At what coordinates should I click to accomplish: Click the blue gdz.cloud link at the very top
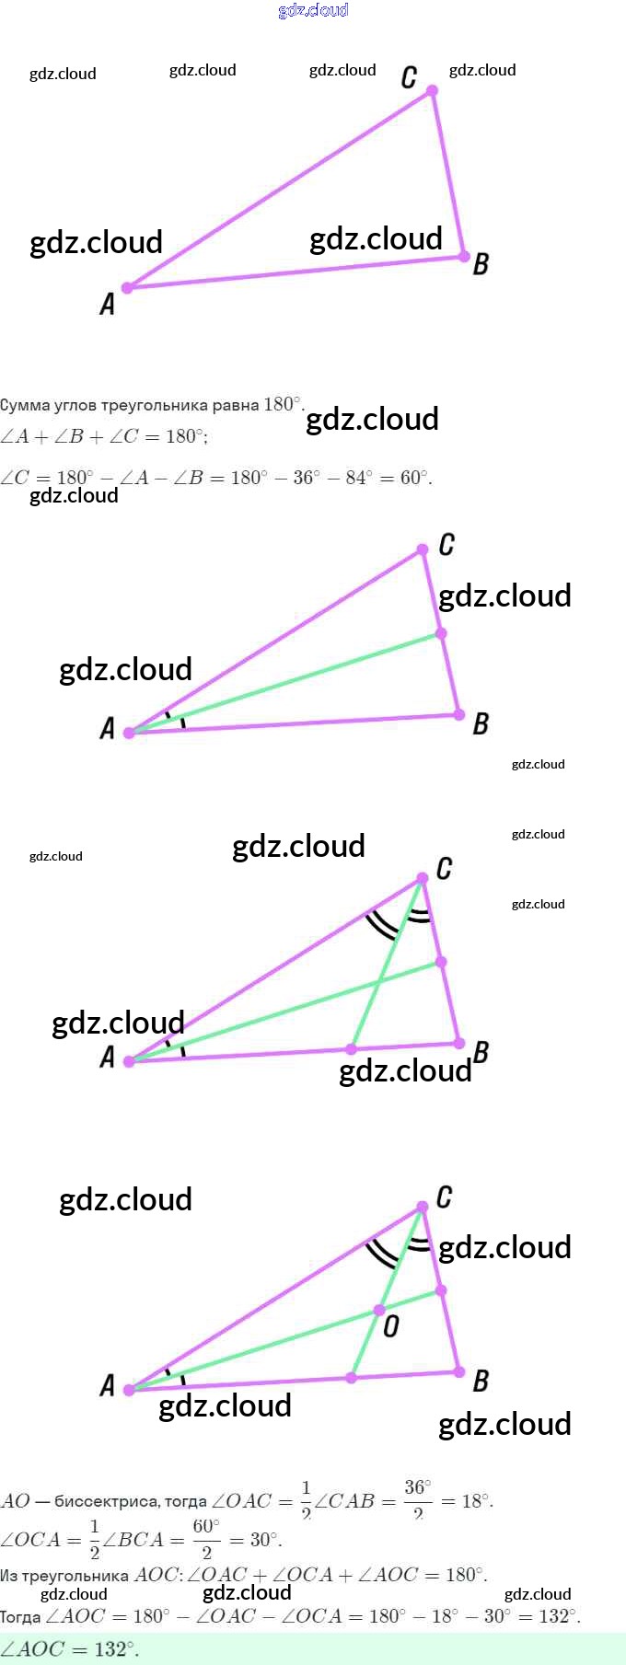click(x=313, y=10)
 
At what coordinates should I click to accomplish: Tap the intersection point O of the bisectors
click(x=379, y=1310)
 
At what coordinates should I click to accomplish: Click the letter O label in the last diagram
click(x=391, y=1326)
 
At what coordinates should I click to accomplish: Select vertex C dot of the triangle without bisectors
click(x=432, y=90)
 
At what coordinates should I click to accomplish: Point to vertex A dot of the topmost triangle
click(x=128, y=288)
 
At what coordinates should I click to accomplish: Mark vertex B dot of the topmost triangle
click(x=465, y=257)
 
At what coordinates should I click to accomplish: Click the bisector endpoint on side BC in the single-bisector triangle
click(x=441, y=633)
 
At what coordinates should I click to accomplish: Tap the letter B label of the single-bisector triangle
click(x=481, y=724)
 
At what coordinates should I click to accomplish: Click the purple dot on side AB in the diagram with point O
click(x=351, y=1378)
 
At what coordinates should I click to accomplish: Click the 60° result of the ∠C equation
click(x=413, y=478)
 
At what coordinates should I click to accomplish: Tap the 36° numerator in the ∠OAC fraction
click(x=417, y=1487)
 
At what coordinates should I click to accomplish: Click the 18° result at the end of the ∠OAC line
click(x=476, y=1501)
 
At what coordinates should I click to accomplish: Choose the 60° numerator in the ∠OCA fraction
click(x=206, y=1526)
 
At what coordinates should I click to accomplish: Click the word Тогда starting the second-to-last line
click(x=19, y=1617)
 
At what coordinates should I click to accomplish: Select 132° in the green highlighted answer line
click(x=115, y=1648)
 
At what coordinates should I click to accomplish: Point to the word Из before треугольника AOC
click(x=8, y=1576)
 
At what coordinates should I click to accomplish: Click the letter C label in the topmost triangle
click(x=410, y=77)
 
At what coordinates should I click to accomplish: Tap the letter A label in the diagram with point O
click(x=108, y=1385)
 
